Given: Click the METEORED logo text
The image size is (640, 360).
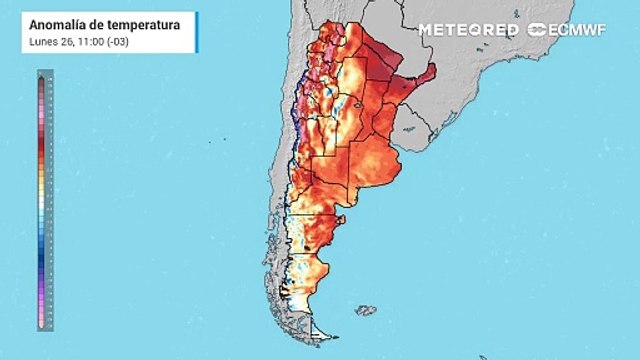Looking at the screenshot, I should (x=468, y=30).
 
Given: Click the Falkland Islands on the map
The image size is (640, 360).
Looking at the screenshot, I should (x=365, y=311).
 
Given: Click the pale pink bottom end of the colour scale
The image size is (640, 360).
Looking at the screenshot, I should (x=42, y=320).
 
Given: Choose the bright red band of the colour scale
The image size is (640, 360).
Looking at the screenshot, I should (x=42, y=150).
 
